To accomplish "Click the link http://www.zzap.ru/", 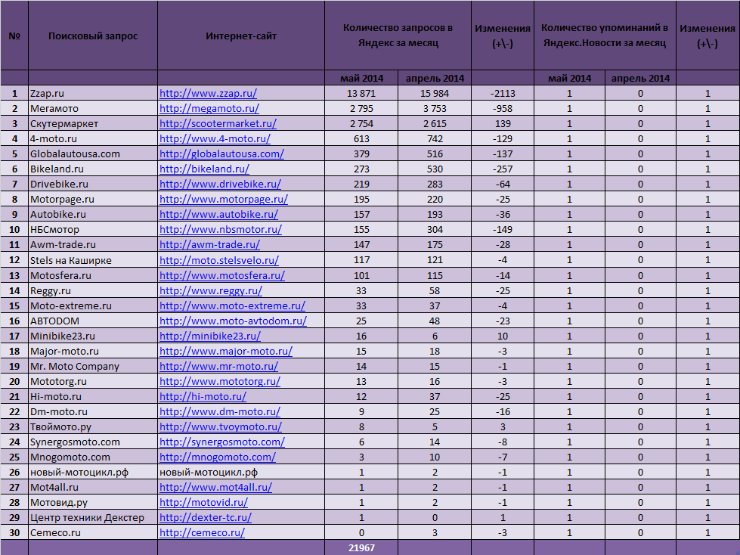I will [208, 93].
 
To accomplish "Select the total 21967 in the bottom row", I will [362, 547].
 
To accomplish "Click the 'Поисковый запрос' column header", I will [93, 36].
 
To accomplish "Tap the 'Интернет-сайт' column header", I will [241, 36].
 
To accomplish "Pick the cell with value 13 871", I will [361, 93].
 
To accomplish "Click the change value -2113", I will [502, 93].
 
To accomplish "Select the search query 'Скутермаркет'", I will [64, 123].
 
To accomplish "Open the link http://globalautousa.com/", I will [221, 153].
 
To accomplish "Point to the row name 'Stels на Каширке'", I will [70, 260].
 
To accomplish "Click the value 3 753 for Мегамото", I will [435, 108].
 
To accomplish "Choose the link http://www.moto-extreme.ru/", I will [232, 305].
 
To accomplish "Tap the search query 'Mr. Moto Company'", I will [74, 366].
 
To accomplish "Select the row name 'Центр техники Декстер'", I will [87, 517].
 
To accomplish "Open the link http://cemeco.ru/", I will [202, 532].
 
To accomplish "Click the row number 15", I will [14, 305].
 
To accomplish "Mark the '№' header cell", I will [14, 36].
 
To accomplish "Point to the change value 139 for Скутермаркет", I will [502, 123].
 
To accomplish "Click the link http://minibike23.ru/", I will [210, 336].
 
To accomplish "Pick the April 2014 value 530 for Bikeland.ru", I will [435, 169].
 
